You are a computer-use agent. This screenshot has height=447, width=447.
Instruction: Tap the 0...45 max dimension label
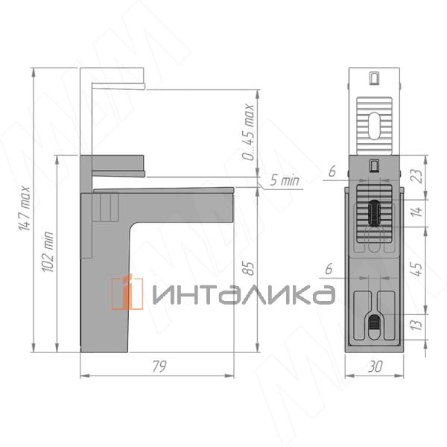[x=250, y=134]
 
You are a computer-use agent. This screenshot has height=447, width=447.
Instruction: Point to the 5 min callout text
[x=285, y=180]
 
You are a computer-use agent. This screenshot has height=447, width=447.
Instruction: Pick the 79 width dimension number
[x=157, y=367]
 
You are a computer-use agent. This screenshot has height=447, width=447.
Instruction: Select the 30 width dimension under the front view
[x=376, y=367]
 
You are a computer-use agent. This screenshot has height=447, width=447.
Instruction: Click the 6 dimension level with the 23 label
[x=332, y=171]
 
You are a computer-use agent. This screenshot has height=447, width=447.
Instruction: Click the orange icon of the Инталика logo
[x=127, y=292]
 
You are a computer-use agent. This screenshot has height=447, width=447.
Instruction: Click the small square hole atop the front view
[x=375, y=77]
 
